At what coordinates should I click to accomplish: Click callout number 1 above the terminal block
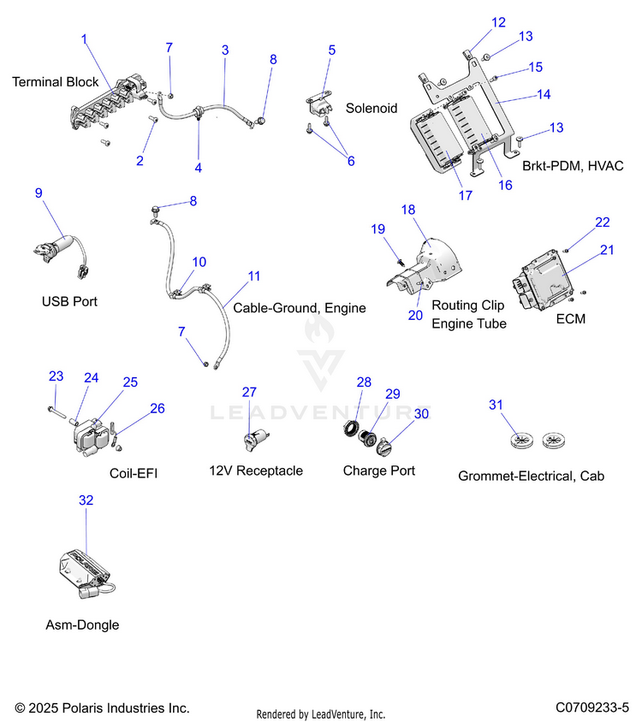(84, 39)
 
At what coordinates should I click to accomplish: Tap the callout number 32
(86, 500)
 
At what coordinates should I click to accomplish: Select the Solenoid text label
(372, 108)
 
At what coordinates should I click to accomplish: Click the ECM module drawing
(543, 280)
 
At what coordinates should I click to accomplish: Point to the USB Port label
(69, 302)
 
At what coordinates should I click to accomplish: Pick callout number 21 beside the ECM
(607, 250)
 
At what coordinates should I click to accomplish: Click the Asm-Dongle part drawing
(86, 574)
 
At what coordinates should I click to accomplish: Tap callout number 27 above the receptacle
(249, 392)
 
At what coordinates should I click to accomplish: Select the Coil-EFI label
(134, 473)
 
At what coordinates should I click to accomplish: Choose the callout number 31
(496, 405)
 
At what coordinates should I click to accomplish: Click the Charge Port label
(379, 470)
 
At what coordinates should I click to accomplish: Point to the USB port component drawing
(61, 256)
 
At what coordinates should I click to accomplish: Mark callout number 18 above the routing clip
(407, 210)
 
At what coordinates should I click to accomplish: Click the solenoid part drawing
(320, 106)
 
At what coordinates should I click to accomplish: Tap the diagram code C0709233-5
(592, 707)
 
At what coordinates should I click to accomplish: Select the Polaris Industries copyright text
(103, 707)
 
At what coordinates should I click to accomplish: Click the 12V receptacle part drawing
(256, 440)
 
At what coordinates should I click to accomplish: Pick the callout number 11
(254, 276)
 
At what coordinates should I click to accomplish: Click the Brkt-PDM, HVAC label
(573, 166)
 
